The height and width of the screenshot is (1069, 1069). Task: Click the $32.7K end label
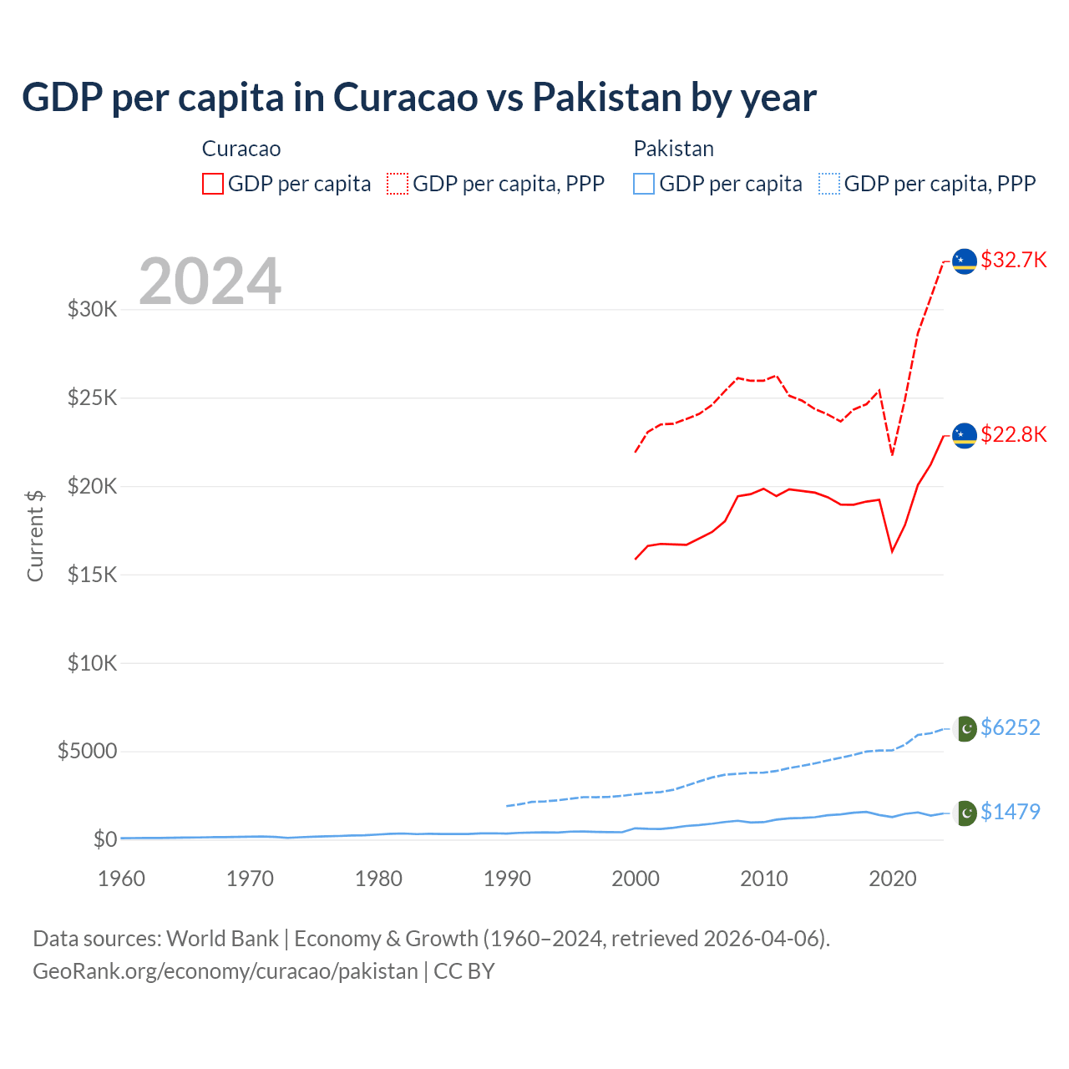pos(1013,260)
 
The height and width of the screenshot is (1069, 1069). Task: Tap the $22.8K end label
pos(1013,434)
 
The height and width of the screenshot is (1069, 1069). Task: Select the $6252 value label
pos(1010,727)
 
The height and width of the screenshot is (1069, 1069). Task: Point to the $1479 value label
pos(1010,812)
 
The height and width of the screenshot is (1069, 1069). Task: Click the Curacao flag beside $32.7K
pos(965,261)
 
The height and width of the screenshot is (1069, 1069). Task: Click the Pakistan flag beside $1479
pos(965,813)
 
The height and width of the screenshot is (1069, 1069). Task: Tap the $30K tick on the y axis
pos(92,310)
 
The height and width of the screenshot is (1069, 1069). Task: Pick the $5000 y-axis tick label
pos(87,751)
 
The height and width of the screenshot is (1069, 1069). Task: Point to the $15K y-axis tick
pos(92,575)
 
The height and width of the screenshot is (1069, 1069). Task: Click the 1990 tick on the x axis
pos(507,879)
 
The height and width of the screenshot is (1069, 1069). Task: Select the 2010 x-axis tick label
pos(764,879)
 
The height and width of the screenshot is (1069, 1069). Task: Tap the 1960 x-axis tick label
pos(122,879)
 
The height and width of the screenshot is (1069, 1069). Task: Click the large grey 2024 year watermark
pos(210,281)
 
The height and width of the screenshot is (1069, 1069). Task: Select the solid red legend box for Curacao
pos(213,184)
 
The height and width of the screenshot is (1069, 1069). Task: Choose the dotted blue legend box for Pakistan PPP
pos(829,184)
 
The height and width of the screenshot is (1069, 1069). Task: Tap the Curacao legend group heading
pos(241,149)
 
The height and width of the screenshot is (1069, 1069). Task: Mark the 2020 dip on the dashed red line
pos(892,454)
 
